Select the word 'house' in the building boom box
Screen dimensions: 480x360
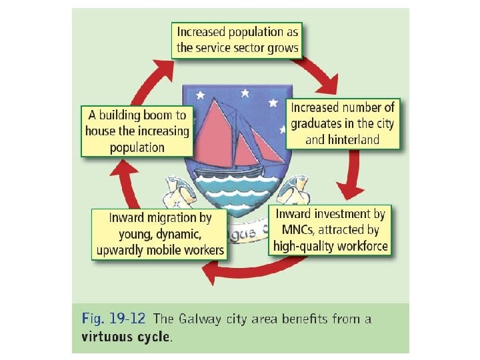point(101,131)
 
